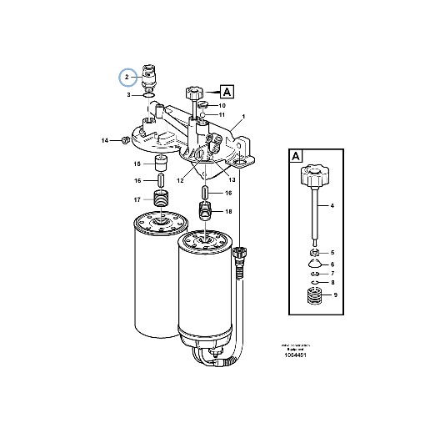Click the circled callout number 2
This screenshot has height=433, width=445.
coord(127,78)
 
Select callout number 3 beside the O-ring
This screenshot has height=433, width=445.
coord(128,95)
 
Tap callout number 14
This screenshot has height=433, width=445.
coord(106,141)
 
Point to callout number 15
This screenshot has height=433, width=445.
coord(138,164)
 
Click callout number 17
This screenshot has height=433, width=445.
coord(138,199)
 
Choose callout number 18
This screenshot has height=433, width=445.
coord(228,213)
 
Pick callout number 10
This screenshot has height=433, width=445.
coord(222,106)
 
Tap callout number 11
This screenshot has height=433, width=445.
coord(222,114)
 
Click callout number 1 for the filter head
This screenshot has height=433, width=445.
coord(242,115)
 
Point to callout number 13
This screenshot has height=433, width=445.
coord(232,179)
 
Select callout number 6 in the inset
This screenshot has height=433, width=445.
coord(332,264)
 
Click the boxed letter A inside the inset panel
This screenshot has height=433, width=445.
coord(296,156)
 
